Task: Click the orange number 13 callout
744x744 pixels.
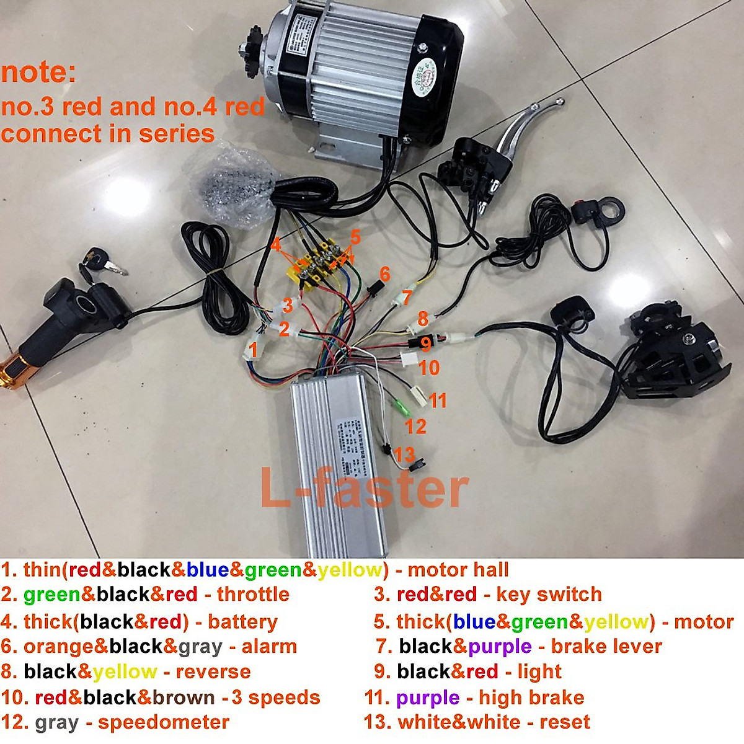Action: click(x=404, y=454)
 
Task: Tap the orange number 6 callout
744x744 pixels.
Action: click(x=384, y=273)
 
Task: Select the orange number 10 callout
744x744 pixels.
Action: click(x=428, y=368)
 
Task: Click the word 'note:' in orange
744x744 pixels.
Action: click(x=38, y=73)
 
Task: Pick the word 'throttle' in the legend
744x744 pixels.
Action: click(x=253, y=595)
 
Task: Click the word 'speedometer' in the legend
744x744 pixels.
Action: click(x=164, y=722)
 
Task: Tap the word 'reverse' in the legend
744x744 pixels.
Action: click(x=213, y=671)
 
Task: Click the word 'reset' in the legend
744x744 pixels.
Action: click(x=565, y=722)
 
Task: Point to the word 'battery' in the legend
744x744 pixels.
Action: click(x=242, y=621)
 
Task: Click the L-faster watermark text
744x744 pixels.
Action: click(x=364, y=489)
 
